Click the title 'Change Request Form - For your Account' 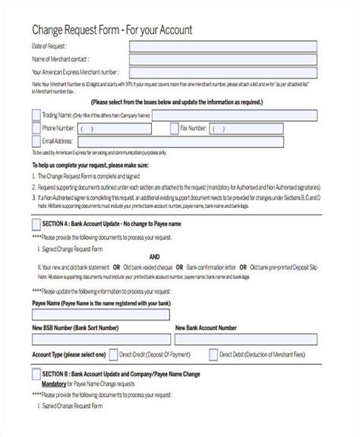pyautogui.click(x=112, y=30)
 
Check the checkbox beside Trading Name pyautogui.click(x=36, y=115)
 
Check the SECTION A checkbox pyautogui.click(x=36, y=225)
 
